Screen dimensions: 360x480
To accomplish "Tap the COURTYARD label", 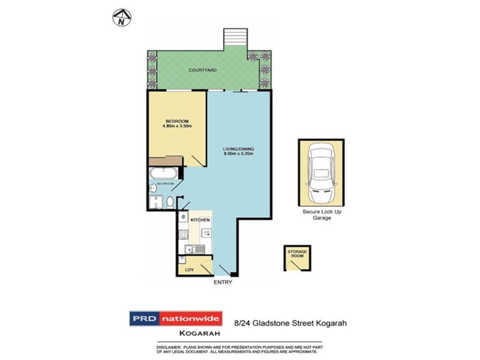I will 202,70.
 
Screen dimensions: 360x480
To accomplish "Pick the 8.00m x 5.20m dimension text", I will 235,155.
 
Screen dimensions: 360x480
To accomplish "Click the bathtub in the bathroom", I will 164,174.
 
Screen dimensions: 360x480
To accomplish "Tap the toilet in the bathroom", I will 170,202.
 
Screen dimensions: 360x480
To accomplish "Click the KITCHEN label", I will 199,221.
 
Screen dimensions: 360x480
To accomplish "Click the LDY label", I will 189,270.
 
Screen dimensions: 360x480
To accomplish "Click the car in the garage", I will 321,172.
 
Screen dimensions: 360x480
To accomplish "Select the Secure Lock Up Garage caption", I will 322,214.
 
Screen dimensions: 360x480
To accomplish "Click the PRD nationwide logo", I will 176,319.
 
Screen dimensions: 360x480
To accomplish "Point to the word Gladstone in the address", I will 266,322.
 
